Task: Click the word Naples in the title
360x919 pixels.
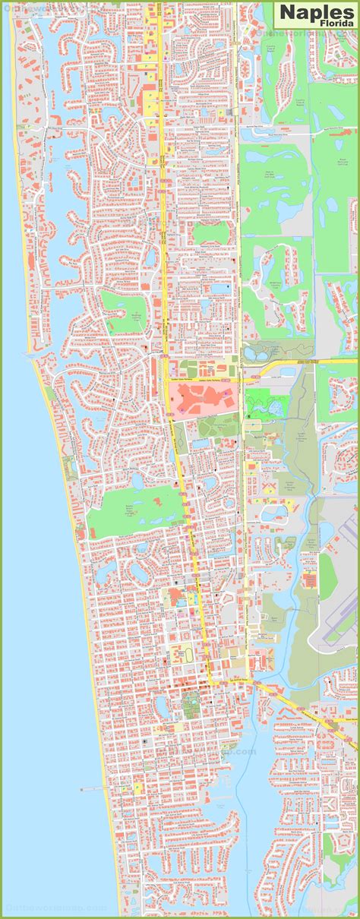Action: pyautogui.click(x=316, y=12)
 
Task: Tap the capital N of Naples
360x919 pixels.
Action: pyautogui.click(x=287, y=12)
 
